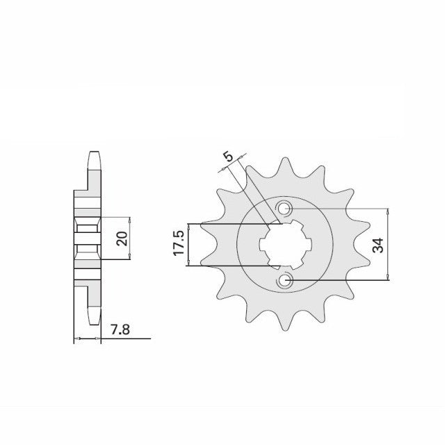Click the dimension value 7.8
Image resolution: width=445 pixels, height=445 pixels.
click(120, 330)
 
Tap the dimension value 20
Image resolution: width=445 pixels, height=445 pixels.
click(122, 238)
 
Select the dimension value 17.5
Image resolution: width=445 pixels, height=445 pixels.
click(179, 243)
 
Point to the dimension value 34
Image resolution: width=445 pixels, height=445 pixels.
click(378, 245)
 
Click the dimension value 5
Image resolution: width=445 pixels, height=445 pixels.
click(228, 156)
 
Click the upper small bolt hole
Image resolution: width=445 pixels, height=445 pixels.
click(284, 209)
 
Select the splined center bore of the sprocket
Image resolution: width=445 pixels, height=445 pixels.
click(285, 245)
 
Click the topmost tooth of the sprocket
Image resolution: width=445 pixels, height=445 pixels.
click(284, 168)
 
